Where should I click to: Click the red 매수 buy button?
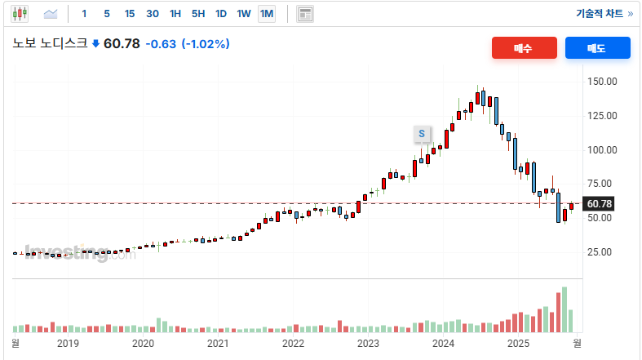(x=524, y=48)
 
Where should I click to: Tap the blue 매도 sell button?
(x=597, y=48)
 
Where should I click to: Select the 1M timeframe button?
(x=267, y=14)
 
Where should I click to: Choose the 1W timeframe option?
(x=244, y=14)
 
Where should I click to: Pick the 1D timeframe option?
(x=221, y=14)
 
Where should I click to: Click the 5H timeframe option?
(x=198, y=14)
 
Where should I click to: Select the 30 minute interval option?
(x=153, y=14)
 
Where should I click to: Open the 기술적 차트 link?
(x=604, y=14)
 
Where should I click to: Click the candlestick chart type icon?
(x=20, y=14)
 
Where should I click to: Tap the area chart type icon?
(x=51, y=14)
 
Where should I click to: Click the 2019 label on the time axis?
(x=68, y=344)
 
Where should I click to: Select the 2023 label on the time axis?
(x=368, y=344)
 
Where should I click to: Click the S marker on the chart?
(x=422, y=133)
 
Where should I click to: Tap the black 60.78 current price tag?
(x=599, y=203)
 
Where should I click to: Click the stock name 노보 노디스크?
(x=50, y=44)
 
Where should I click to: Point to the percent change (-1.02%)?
(x=206, y=44)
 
